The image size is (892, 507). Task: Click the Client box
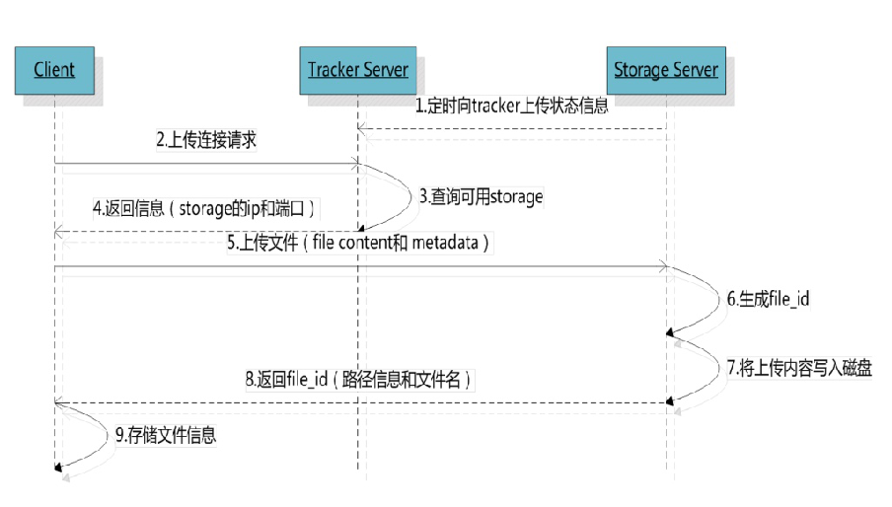pos(54,70)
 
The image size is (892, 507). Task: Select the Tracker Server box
pos(358,70)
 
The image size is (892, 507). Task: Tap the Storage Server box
pos(666,70)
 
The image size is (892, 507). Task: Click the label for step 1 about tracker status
pos(511,106)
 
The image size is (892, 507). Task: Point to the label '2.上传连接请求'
pos(206,140)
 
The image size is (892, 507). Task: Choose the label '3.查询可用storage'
pos(482,196)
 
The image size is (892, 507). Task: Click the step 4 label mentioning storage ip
pos(203,208)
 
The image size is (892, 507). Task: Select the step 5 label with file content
pos(358,243)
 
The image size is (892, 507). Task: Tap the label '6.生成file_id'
pos(768,299)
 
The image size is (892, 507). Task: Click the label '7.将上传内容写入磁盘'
pos(799,368)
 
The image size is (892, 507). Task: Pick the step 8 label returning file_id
pos(358,379)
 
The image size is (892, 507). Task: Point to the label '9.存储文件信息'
pos(166,435)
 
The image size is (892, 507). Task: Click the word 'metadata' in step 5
pos(445,243)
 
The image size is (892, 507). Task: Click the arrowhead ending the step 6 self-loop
pos(670,332)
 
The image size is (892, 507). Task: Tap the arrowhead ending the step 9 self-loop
pos(58,468)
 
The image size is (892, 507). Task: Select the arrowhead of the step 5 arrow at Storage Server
pos(663,266)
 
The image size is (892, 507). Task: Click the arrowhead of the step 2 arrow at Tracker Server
pos(355,164)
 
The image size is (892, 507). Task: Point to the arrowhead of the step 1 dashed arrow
pos(361,129)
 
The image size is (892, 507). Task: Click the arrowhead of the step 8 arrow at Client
pos(58,402)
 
